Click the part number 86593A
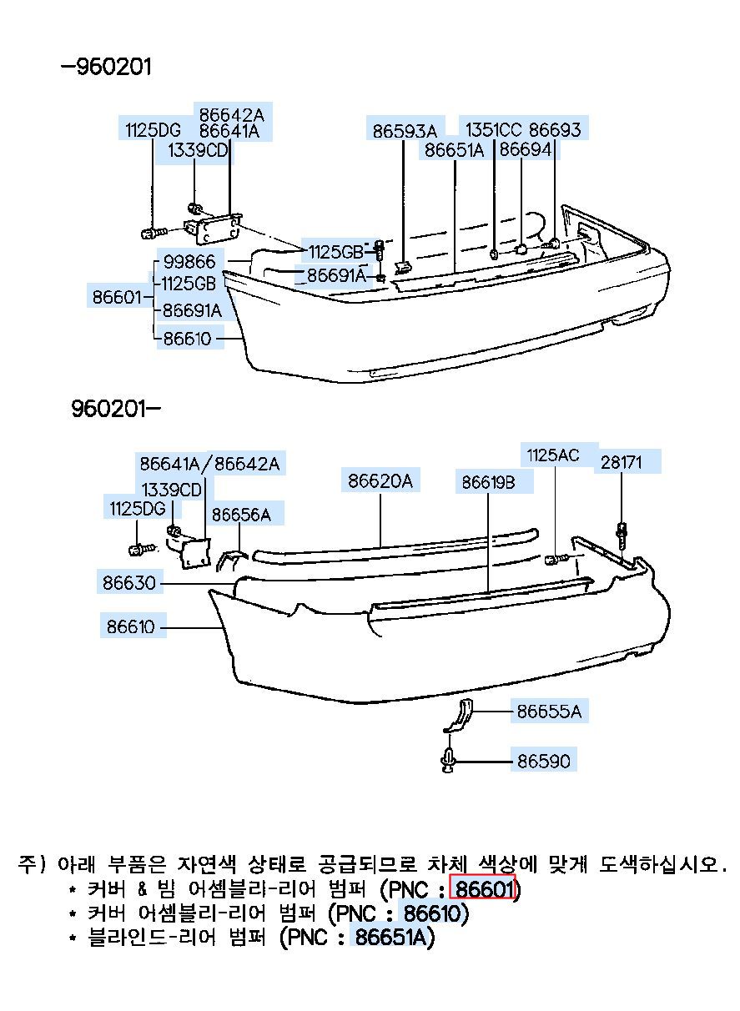404,130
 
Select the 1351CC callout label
493,129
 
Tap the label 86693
555,129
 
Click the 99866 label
189,262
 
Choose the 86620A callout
380,481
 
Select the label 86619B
488,482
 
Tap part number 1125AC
552,455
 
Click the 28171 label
622,462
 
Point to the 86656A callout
241,515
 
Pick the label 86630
129,582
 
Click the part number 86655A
548,712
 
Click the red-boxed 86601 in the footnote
482,889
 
